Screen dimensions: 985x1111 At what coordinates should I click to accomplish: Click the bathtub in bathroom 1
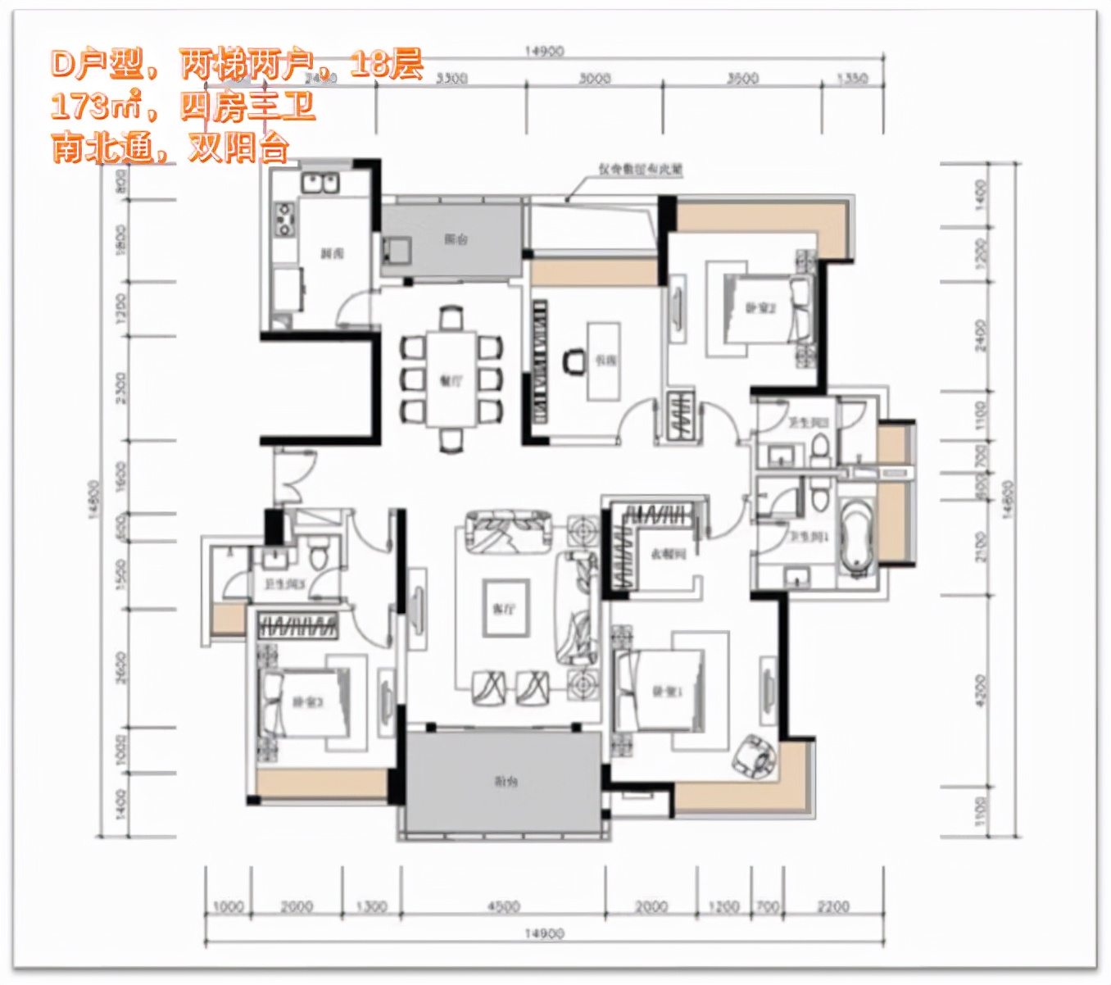(855, 533)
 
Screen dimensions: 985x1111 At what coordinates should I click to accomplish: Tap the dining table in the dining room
(451, 379)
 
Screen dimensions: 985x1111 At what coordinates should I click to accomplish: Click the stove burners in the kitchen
(284, 219)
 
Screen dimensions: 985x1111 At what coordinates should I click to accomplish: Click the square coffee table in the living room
(504, 608)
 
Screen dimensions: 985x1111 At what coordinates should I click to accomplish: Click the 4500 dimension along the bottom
(503, 906)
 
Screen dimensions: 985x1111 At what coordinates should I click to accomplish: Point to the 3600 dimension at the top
(742, 79)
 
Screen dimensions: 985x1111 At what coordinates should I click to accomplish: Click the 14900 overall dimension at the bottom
(544, 933)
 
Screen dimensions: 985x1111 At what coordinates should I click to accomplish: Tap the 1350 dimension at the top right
(852, 79)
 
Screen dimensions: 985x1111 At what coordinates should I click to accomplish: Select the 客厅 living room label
(504, 609)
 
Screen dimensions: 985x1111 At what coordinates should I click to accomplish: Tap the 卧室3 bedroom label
(307, 702)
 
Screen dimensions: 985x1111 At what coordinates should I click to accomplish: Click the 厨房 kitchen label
(332, 254)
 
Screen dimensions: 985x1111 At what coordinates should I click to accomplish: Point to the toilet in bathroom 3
(319, 555)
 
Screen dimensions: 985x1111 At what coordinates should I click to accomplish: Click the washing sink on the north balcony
(397, 248)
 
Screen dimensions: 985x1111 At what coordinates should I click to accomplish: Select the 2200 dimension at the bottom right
(833, 906)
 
